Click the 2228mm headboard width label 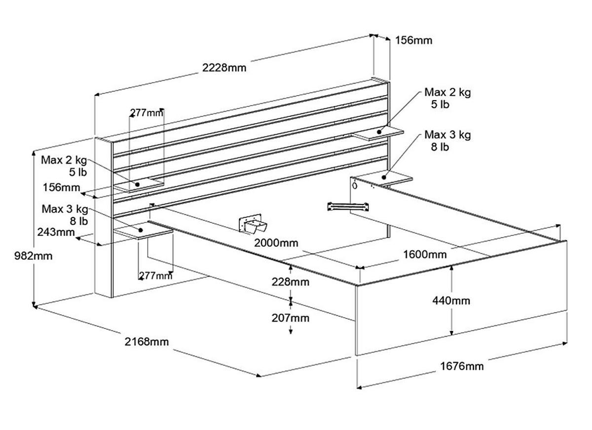click(224, 68)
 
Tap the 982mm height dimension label click(18, 256)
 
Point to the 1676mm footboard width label click(462, 366)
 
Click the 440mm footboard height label click(451, 300)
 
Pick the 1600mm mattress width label click(425, 254)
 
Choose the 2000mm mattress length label click(276, 243)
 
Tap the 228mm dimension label click(291, 282)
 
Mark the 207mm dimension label click(291, 318)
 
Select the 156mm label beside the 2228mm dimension click(413, 40)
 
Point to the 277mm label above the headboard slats click(147, 113)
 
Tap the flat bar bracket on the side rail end click(347, 206)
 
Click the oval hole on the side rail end click(355, 186)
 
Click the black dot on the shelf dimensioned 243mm click(141, 230)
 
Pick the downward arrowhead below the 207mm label click(291, 331)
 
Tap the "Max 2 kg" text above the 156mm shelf click(64, 160)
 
